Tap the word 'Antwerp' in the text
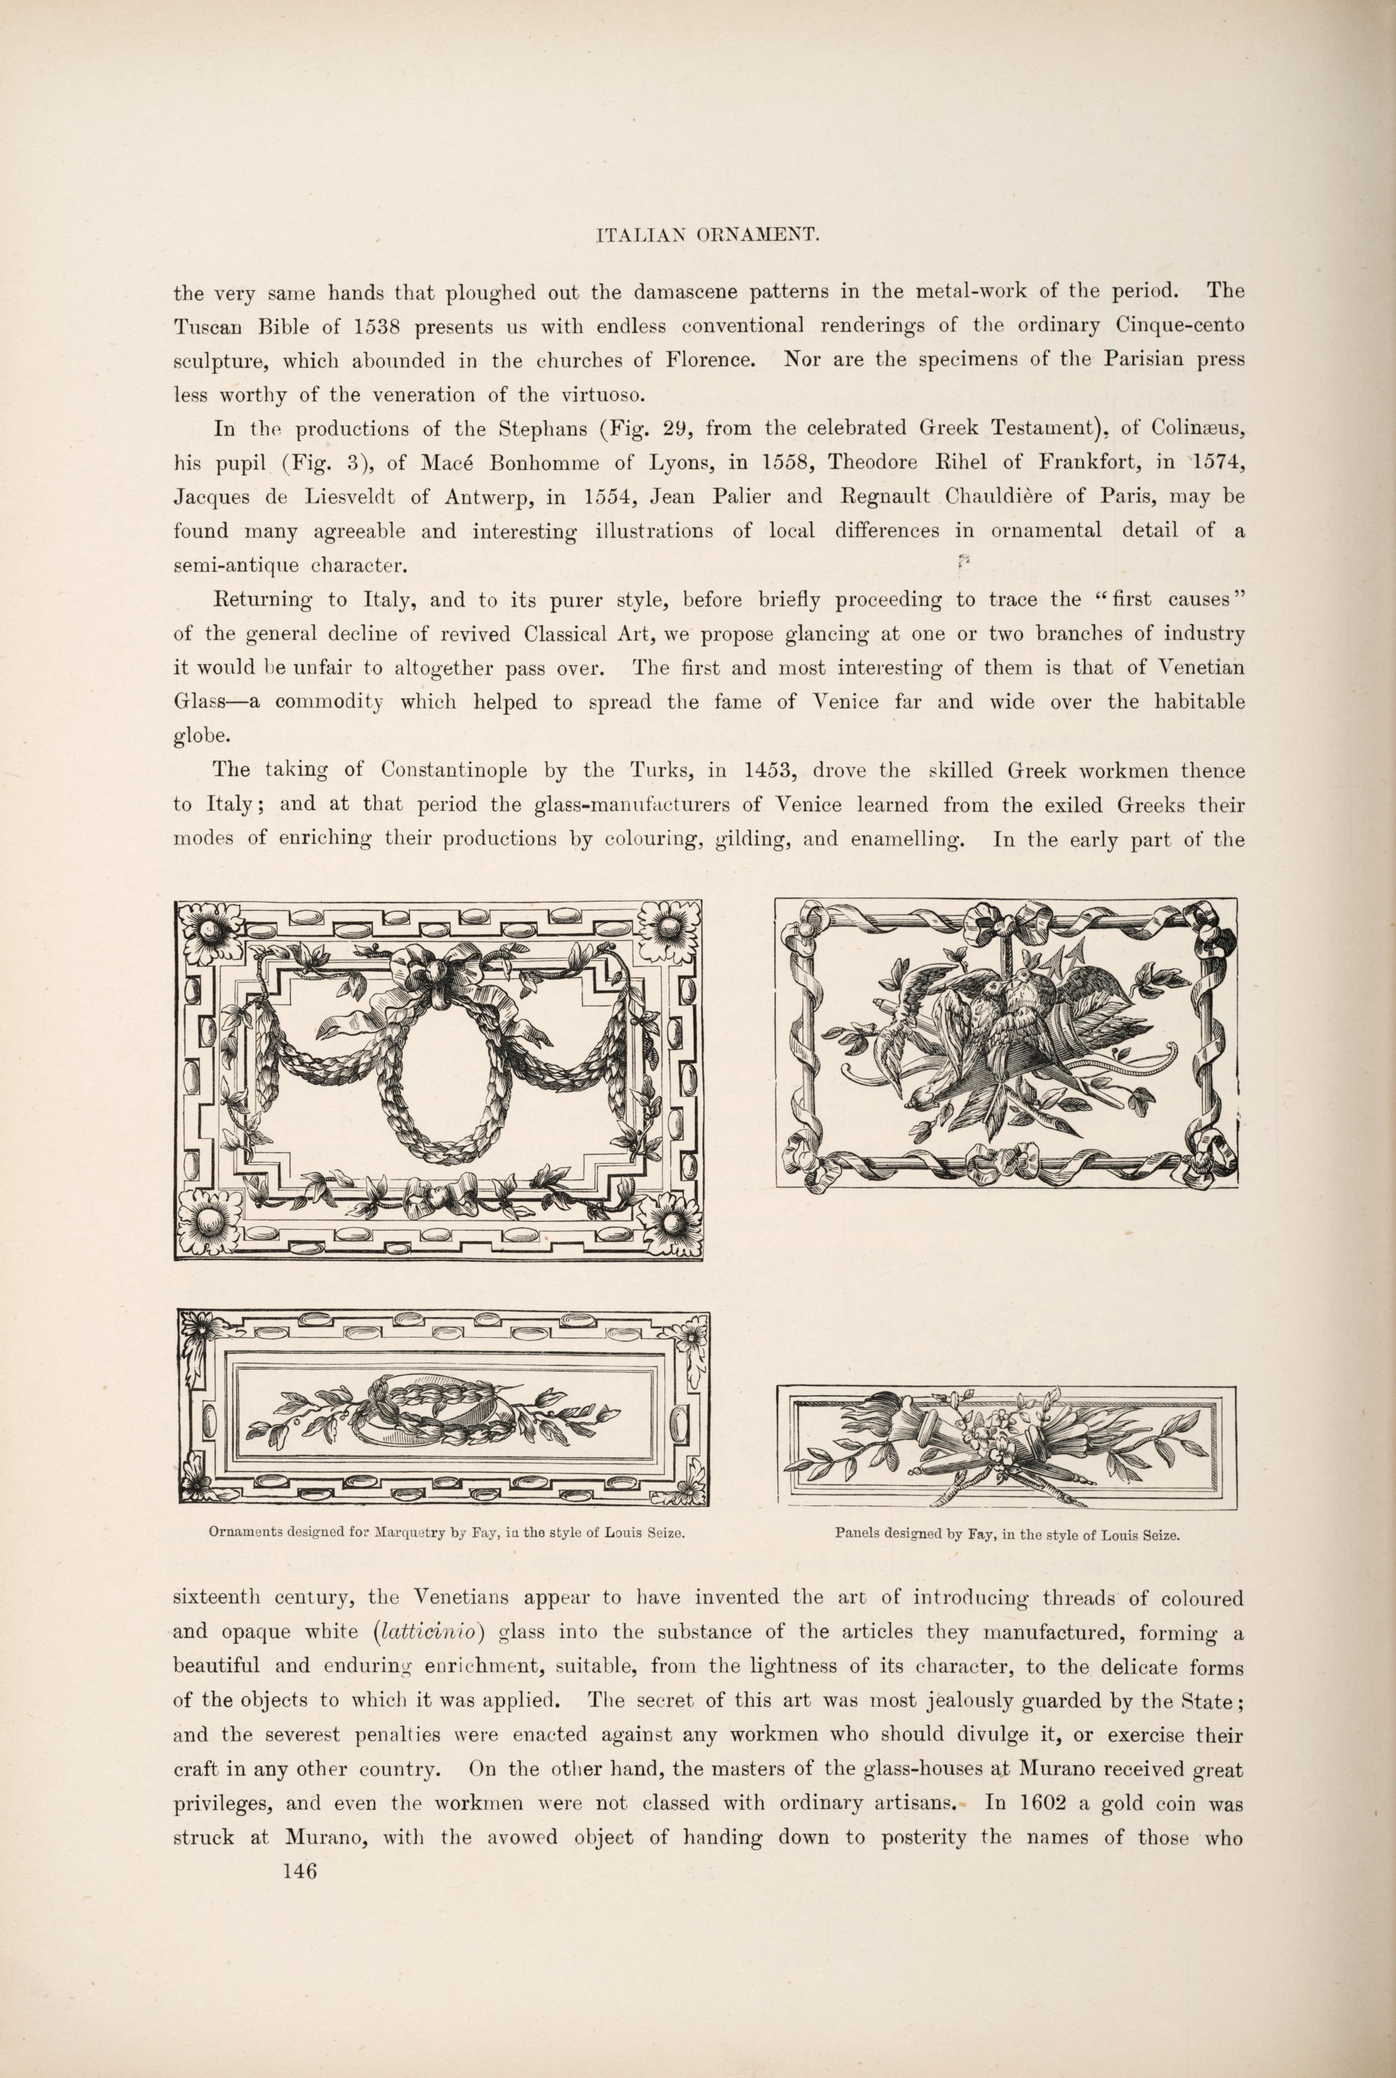pos(485,497)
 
